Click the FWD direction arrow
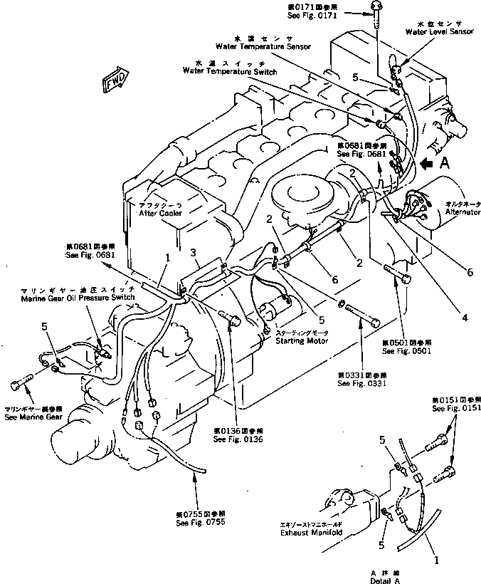pyautogui.click(x=116, y=80)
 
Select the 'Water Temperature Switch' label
pyautogui.click(x=230, y=71)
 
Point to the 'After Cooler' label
pyautogui.click(x=160, y=213)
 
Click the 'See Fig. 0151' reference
pyautogui.click(x=455, y=408)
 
